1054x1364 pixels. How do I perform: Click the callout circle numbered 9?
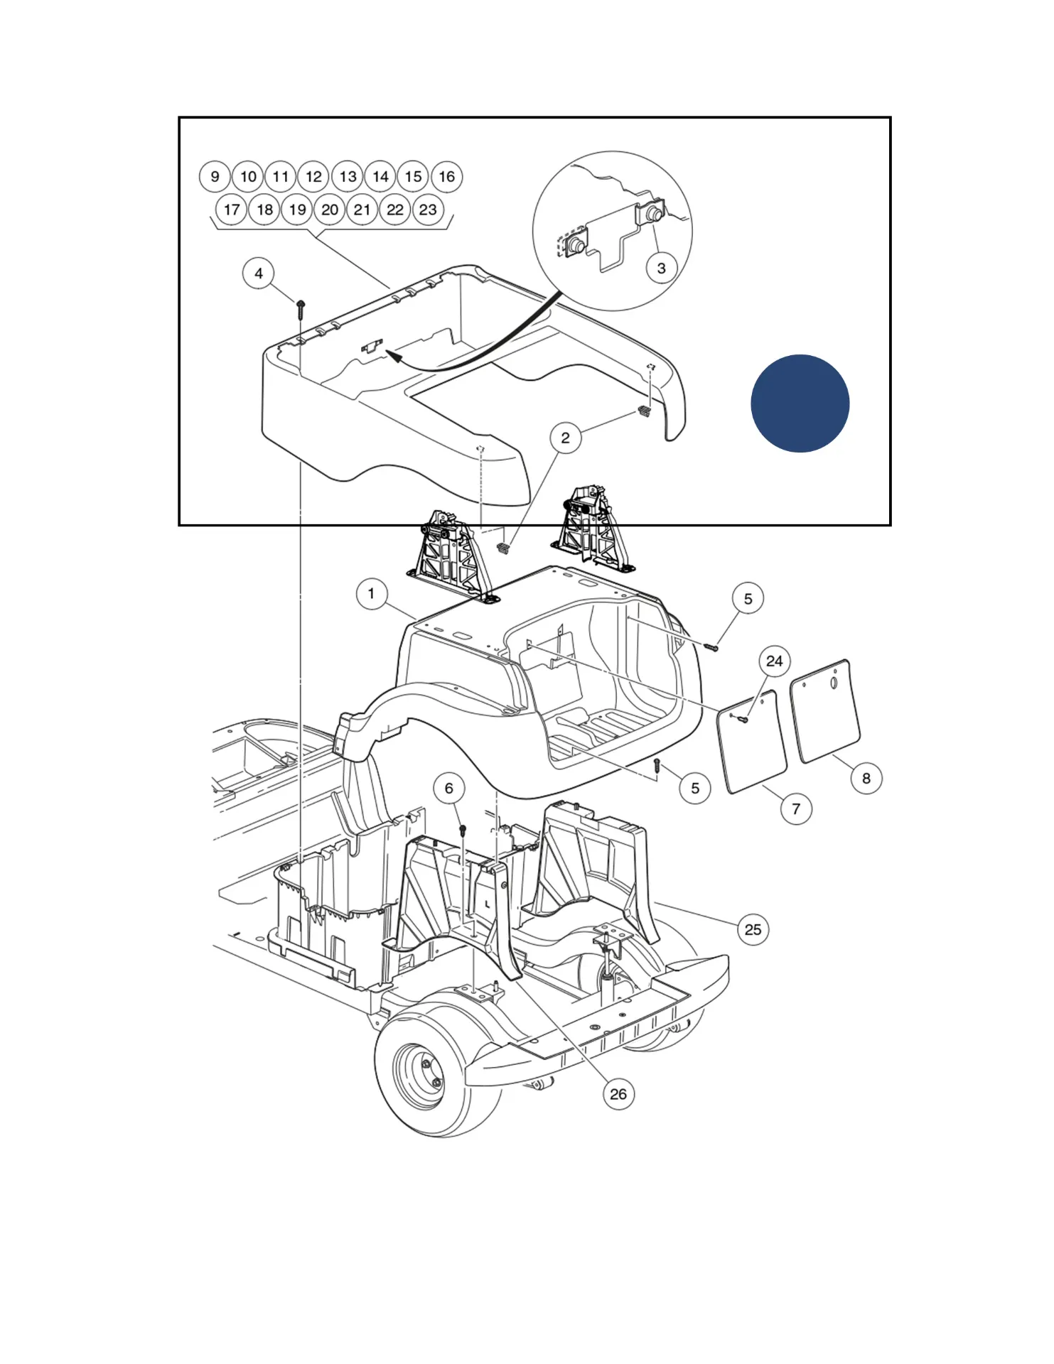coord(215,177)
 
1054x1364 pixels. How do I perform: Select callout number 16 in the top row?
coord(446,177)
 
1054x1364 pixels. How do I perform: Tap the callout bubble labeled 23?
coord(428,210)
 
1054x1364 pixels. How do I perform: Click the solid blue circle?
coord(800,404)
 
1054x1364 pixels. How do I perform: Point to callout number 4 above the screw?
coord(259,274)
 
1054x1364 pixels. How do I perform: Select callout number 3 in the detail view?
coord(661,269)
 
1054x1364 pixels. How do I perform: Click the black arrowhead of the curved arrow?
coord(393,354)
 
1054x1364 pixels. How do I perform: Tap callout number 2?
coord(565,438)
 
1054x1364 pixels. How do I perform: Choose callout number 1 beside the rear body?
coord(371,593)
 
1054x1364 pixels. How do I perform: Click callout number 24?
coord(774,661)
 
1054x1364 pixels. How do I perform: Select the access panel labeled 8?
coord(825,710)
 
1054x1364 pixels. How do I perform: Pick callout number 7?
coord(796,809)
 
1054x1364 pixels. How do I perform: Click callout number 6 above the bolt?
coord(449,789)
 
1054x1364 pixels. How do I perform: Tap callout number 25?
coord(753,930)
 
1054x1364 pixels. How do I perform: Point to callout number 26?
coord(618,1094)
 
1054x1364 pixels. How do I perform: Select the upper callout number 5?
coord(748,599)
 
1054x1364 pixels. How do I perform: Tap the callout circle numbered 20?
coord(330,210)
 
